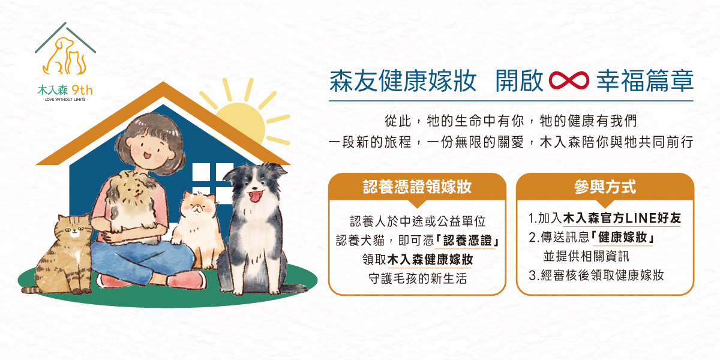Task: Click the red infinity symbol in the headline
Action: click(569, 80)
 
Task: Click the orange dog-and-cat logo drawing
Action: click(65, 56)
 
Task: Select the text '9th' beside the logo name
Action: click(82, 91)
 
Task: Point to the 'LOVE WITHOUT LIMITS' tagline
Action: click(65, 100)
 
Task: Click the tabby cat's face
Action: click(74, 229)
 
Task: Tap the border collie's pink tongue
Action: click(256, 196)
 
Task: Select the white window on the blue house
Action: click(212, 183)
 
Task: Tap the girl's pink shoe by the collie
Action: click(187, 280)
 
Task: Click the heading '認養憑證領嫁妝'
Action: click(417, 187)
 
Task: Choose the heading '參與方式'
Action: click(605, 187)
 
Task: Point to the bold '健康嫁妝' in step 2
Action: click(623, 237)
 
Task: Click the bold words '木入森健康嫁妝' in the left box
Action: click(430, 259)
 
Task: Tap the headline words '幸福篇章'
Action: click(645, 80)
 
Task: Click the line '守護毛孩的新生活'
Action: click(417, 278)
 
